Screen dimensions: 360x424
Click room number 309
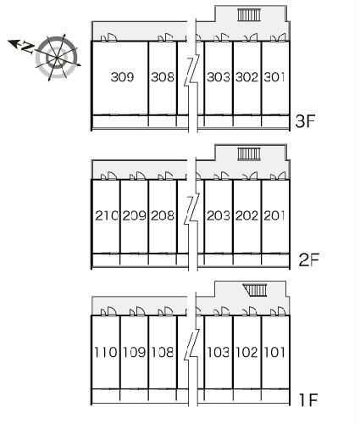click(122, 77)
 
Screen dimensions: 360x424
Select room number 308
click(163, 77)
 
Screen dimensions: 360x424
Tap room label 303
click(219, 77)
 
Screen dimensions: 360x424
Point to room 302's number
click(246, 77)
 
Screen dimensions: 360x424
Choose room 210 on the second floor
click(107, 215)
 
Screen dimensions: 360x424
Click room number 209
click(135, 215)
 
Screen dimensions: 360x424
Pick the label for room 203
click(219, 215)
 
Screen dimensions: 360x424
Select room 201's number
click(274, 215)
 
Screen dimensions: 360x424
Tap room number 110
click(105, 352)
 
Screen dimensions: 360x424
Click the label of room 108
click(163, 352)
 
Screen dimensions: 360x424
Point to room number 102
click(246, 352)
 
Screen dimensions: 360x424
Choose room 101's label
click(274, 352)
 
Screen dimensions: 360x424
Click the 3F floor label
click(305, 121)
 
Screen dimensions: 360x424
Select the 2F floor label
click(308, 259)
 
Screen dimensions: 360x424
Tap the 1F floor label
click(308, 399)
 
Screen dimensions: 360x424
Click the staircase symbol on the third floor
click(249, 15)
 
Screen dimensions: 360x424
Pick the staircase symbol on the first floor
click(255, 290)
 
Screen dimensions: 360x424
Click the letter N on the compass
click(28, 47)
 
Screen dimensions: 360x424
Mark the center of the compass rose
click(58, 58)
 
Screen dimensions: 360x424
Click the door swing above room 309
click(109, 38)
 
